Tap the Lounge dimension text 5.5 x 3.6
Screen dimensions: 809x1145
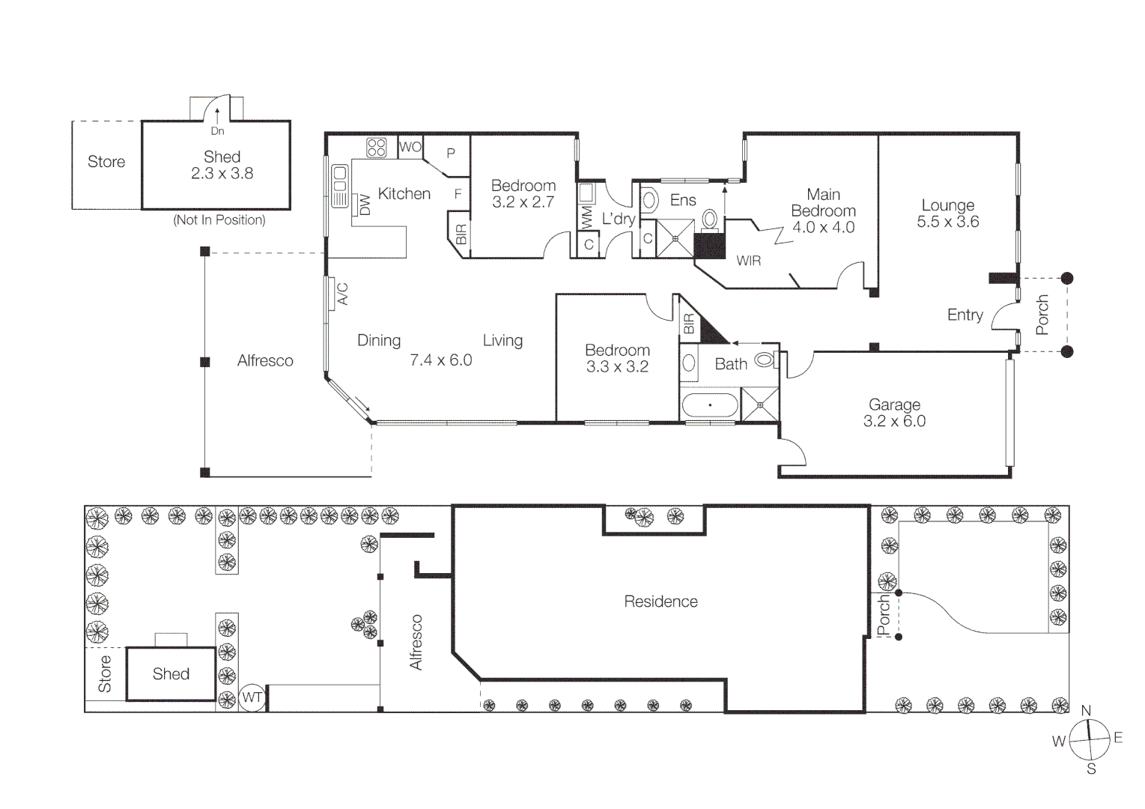[x=947, y=222]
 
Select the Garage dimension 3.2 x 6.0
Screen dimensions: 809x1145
[x=894, y=422]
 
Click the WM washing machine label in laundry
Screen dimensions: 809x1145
[x=586, y=218]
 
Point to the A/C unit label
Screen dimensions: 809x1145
[x=342, y=294]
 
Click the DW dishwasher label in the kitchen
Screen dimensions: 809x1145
[x=365, y=205]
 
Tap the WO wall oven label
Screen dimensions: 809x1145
[x=410, y=147]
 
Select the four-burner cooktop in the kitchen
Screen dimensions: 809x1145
[x=376, y=147]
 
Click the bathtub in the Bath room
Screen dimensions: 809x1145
[x=709, y=406]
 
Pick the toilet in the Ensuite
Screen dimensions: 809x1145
[x=709, y=219]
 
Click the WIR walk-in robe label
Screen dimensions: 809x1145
[x=748, y=261]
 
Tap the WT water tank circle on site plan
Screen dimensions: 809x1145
[x=252, y=698]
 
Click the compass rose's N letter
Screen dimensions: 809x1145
[x=1086, y=710]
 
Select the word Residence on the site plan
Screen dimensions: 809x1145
[x=660, y=602]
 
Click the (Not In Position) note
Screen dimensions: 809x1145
[x=219, y=220]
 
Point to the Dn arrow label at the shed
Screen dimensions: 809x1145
[x=217, y=131]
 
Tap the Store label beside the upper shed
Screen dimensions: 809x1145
[x=106, y=162]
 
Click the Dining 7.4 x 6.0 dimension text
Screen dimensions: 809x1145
[x=440, y=360]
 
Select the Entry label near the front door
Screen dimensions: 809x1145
[x=965, y=315]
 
